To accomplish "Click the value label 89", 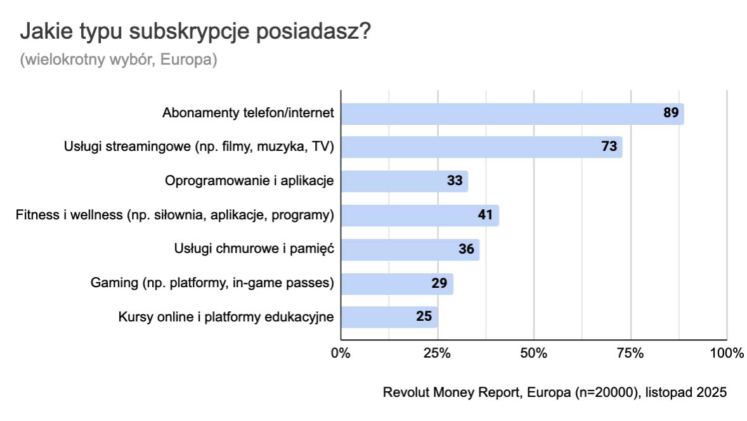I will click(x=671, y=113).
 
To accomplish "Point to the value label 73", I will click(x=609, y=147).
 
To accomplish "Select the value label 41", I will click(x=485, y=215).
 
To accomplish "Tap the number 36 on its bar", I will click(x=466, y=249).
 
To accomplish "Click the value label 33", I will click(x=454, y=181).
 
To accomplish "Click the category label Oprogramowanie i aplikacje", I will click(x=249, y=181).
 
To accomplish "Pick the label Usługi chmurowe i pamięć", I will click(x=254, y=249).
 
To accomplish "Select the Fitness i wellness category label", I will click(x=174, y=215).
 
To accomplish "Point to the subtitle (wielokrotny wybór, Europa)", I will click(x=119, y=60).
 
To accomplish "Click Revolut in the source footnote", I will click(x=406, y=392).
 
